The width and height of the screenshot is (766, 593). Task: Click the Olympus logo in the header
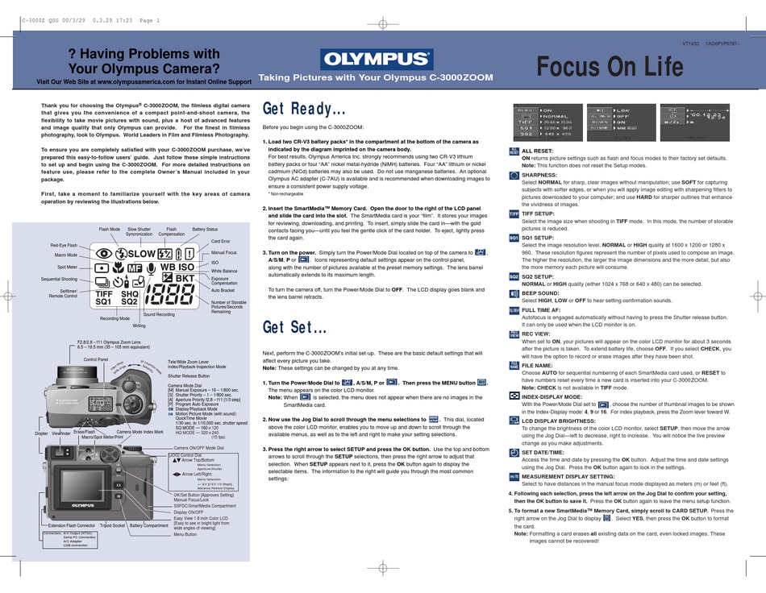[377, 59]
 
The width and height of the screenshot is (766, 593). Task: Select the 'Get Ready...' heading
[305, 109]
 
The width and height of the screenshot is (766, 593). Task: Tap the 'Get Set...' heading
[295, 328]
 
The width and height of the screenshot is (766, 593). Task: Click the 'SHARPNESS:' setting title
[540, 174]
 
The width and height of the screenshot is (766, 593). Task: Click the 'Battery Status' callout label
[205, 230]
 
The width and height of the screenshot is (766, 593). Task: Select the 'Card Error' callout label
[221, 241]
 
